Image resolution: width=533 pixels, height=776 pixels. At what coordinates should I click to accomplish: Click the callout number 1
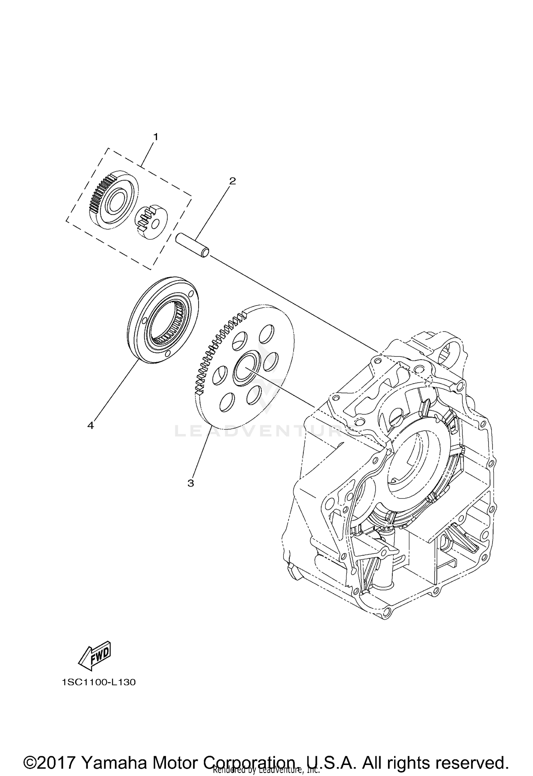pos(155,136)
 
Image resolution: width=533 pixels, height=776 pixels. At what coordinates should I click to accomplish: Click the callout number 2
pos(232,181)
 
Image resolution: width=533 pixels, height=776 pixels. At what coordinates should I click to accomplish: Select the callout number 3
pos(191,483)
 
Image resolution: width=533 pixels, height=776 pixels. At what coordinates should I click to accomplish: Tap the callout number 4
pos(91,425)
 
